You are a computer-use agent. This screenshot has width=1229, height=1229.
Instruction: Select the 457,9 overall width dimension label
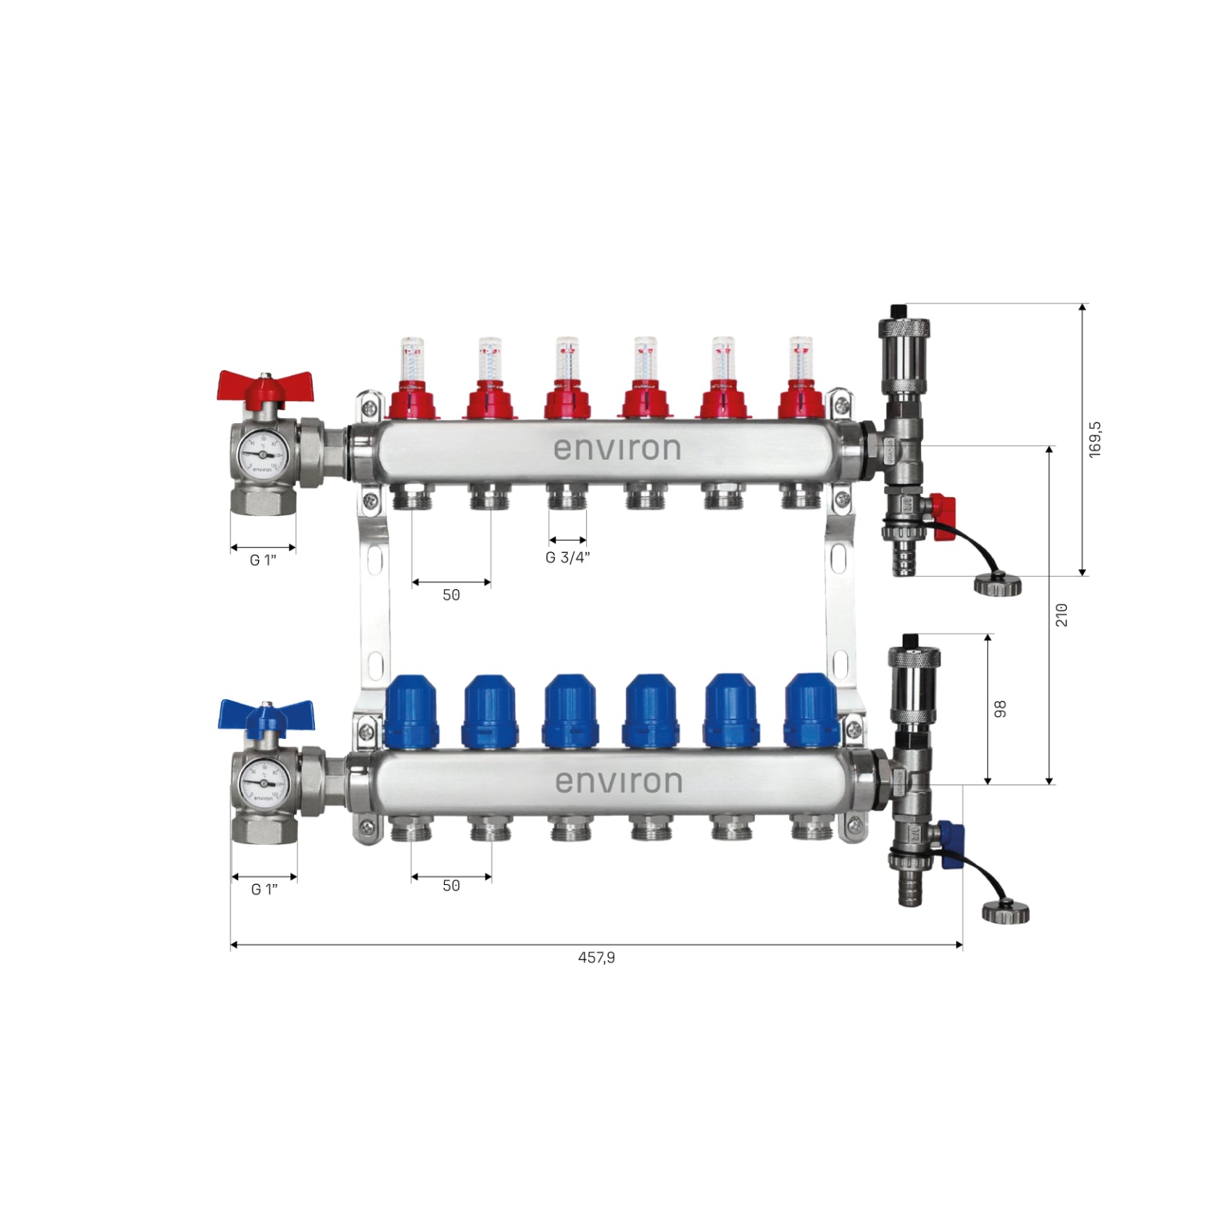pos(596,958)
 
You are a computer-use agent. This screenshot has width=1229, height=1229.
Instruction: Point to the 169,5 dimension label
pos(1095,439)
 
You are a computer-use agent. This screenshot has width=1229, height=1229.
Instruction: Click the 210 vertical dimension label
pos(1062,615)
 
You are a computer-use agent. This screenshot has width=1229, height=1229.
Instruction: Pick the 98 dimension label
pos(1000,709)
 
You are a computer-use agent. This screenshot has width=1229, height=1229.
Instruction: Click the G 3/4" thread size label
pos(568,558)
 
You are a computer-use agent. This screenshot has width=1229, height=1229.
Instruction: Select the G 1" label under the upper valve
pos(263,561)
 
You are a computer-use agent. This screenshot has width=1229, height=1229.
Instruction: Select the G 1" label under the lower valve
pos(264,889)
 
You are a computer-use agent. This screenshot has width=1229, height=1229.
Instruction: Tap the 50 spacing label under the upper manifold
pos(451,595)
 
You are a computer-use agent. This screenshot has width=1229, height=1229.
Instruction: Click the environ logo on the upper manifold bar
pos(618,449)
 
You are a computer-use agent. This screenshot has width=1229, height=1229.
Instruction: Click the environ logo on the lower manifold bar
pos(618,782)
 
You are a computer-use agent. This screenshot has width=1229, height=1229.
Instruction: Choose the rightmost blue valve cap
pos(811,711)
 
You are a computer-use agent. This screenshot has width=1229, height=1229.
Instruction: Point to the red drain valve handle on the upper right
pos(943,507)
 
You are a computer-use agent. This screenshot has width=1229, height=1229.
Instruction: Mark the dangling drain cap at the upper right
pos(998,585)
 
